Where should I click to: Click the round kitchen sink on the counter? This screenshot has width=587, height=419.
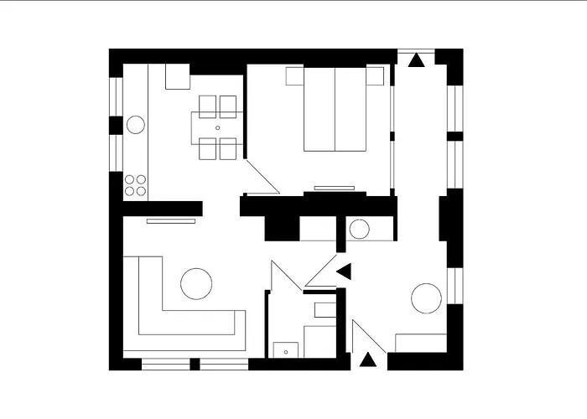(x=135, y=125)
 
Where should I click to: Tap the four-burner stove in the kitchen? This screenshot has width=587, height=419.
(x=135, y=185)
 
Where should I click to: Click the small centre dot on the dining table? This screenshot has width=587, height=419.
(x=218, y=128)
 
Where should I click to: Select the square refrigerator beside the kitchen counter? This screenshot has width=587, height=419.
(x=177, y=76)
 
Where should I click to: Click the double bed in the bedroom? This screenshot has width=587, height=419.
(x=335, y=111)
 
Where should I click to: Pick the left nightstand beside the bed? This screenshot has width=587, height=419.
(x=294, y=76)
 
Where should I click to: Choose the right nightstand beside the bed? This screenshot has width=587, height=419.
(x=375, y=76)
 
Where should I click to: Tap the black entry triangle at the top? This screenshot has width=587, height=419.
(x=415, y=59)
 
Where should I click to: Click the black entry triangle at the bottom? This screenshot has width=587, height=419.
(x=366, y=360)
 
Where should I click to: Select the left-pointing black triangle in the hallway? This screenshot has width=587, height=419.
(x=344, y=270)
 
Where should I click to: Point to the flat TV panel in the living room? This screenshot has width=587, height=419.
(x=170, y=221)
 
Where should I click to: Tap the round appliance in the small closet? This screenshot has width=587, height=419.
(x=359, y=229)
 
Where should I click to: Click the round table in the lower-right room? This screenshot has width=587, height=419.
(x=426, y=299)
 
